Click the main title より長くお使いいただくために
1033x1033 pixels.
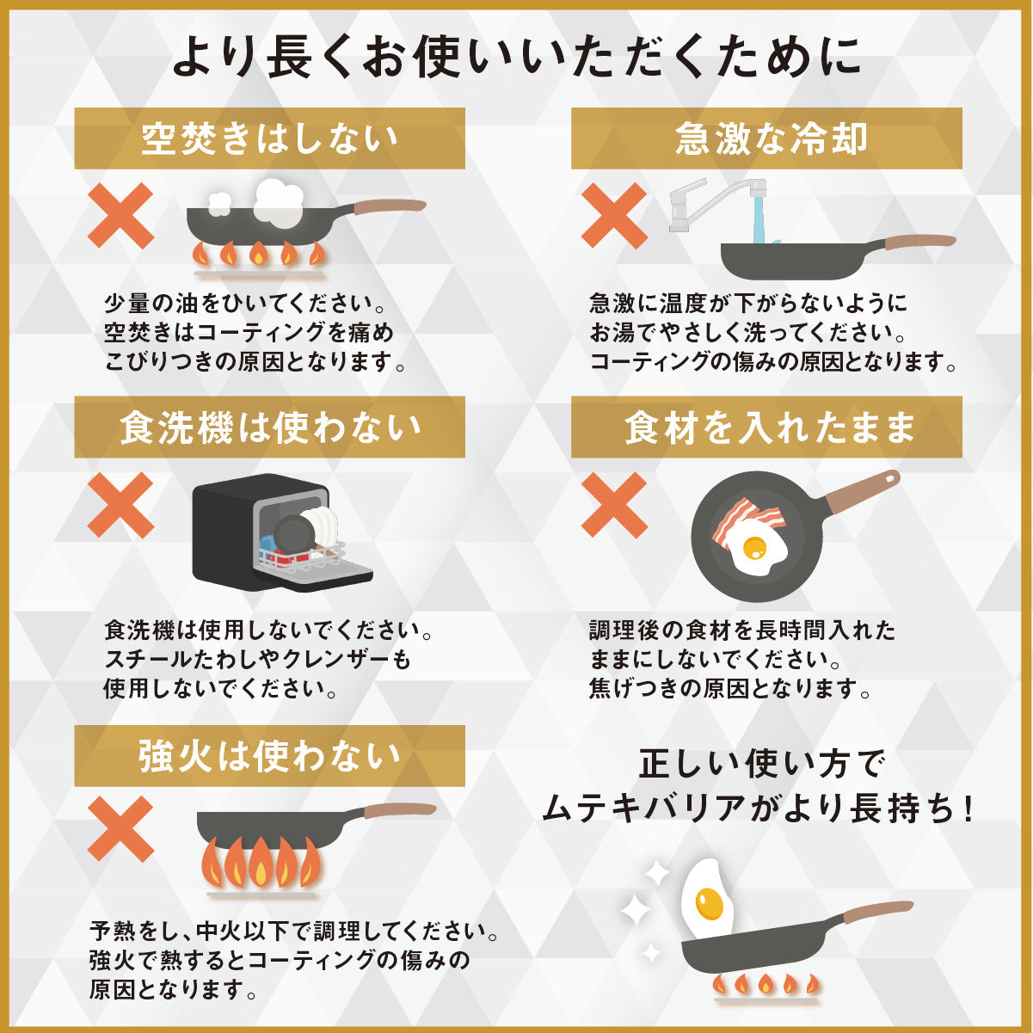(516, 56)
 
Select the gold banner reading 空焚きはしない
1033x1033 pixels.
(269, 138)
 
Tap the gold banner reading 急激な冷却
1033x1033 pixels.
(766, 138)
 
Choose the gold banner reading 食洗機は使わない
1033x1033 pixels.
(269, 427)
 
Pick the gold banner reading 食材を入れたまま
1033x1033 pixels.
(766, 427)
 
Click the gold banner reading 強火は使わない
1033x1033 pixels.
(269, 756)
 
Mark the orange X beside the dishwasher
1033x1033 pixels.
(120, 504)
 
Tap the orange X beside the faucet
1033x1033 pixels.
(614, 215)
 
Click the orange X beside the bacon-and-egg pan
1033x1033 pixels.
(614, 504)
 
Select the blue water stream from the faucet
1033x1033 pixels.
(759, 221)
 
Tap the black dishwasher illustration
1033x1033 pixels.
(281, 532)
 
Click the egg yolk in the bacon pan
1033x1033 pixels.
(754, 547)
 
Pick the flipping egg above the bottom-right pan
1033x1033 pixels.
(706, 897)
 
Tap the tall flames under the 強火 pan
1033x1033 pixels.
(261, 862)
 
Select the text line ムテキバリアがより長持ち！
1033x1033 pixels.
(758, 809)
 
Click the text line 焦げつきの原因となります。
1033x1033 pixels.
(730, 689)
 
